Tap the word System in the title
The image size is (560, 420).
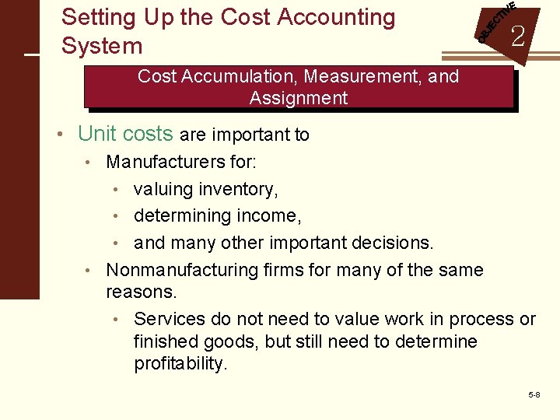pos(102,46)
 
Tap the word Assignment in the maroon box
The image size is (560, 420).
pos(299,98)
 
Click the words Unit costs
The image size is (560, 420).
pos(125,134)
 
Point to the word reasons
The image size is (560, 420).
pos(142,292)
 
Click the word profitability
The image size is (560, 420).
pos(181,364)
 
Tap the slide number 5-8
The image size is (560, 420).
pos(534,395)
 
